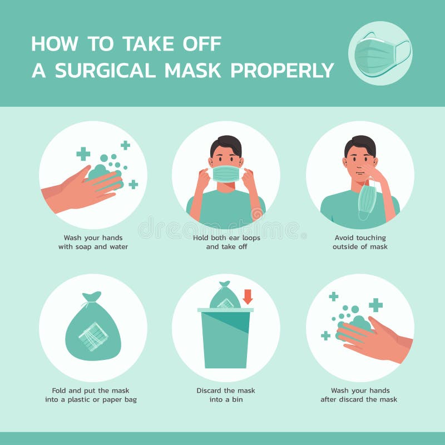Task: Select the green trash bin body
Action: (226, 339)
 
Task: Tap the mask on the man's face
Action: (226, 174)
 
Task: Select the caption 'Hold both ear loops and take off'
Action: (226, 241)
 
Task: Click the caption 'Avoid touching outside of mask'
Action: (360, 241)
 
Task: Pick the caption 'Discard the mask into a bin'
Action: (226, 394)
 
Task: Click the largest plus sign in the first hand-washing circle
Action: (83, 154)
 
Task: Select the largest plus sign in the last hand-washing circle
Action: (376, 305)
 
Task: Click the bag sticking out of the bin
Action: (225, 297)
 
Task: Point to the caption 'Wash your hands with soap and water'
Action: (93, 241)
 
